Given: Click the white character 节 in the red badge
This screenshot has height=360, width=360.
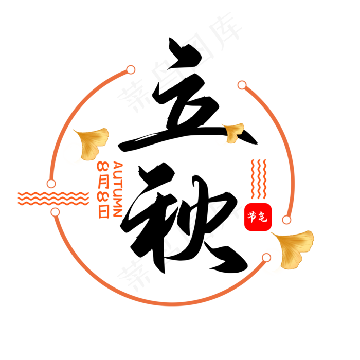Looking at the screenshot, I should click(252, 217).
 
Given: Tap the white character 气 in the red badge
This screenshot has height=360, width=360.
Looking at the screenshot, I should click(263, 218).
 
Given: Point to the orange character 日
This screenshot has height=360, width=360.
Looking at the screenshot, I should click(104, 211).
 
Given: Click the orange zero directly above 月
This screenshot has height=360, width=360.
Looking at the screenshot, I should click(103, 167).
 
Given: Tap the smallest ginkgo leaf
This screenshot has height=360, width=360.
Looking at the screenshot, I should click(233, 132).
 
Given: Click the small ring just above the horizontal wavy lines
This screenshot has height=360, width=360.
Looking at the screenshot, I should click(51, 184).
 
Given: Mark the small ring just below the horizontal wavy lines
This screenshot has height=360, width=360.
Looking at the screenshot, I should click(55, 212).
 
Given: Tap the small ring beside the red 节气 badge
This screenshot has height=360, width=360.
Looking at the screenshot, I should click(286, 220).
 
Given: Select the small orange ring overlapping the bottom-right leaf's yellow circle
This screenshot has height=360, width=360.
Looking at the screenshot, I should click(266, 257).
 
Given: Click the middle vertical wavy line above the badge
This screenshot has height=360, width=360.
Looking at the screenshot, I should click(259, 178).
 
